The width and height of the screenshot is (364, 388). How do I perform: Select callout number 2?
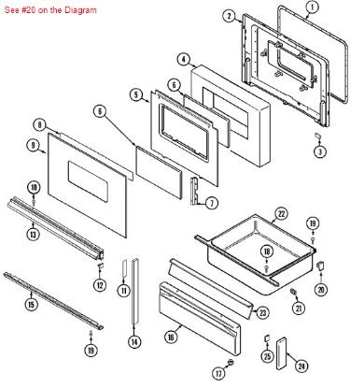pos(229,16)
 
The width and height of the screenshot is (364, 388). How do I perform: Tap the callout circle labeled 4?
pos(183,58)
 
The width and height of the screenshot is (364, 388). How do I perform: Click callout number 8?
pos(39,124)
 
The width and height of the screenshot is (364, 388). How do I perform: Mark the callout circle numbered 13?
pos(32,233)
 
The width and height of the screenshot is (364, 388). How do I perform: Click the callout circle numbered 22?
pos(280,214)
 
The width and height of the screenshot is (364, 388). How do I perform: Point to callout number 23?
pos(262,312)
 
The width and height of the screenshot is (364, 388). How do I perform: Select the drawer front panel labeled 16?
pos(201,309)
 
